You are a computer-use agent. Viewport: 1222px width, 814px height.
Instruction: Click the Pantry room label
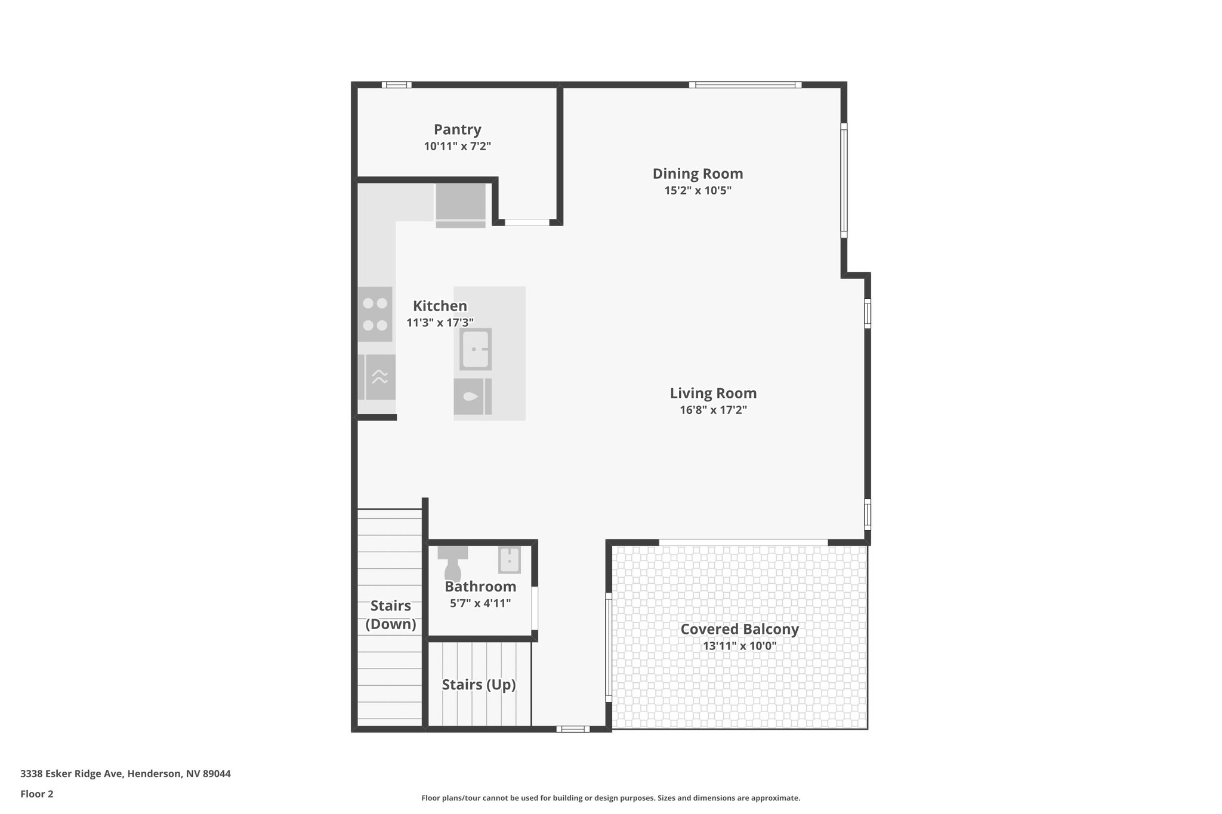(x=457, y=129)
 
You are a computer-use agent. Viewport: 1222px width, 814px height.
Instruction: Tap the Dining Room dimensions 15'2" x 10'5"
(x=698, y=191)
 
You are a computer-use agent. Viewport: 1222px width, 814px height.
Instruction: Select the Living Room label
(x=713, y=393)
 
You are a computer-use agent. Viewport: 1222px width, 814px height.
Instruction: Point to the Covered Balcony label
(x=739, y=629)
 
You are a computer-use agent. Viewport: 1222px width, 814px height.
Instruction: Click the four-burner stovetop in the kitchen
(x=375, y=314)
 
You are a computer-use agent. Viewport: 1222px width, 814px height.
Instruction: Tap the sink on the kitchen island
(x=476, y=349)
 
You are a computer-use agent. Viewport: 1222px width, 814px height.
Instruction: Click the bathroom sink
(x=510, y=560)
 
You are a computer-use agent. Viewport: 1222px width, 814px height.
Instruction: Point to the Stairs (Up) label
(x=479, y=685)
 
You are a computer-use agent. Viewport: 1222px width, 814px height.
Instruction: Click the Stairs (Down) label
(x=391, y=615)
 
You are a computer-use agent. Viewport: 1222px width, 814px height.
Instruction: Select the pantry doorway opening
(x=527, y=222)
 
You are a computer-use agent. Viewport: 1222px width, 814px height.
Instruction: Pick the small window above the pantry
(x=396, y=85)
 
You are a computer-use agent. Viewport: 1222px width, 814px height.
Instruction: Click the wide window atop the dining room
(x=745, y=85)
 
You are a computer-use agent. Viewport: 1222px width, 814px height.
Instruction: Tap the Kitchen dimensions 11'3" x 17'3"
(x=440, y=323)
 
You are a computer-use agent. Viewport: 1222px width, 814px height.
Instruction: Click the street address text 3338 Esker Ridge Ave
(x=125, y=774)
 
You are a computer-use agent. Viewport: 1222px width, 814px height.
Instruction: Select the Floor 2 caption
(x=37, y=794)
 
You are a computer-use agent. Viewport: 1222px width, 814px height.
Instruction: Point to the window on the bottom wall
(x=573, y=729)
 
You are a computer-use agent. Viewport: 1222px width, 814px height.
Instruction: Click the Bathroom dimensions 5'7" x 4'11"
(x=480, y=603)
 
